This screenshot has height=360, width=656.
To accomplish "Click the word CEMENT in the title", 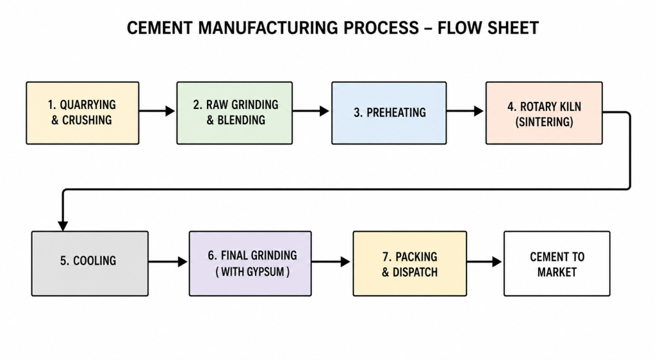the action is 160,28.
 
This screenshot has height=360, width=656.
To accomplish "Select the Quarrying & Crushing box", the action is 83,113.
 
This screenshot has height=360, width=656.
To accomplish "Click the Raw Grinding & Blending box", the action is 234,113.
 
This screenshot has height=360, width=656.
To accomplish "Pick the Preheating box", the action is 389,113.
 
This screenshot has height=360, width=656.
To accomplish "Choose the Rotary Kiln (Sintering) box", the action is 544,113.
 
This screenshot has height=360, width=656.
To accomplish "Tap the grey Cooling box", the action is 90,263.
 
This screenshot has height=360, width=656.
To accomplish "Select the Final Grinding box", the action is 250,263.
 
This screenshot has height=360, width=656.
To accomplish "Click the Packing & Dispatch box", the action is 409,263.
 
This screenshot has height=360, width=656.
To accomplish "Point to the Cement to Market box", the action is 557,263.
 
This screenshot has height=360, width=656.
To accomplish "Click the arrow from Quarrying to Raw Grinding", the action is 158,111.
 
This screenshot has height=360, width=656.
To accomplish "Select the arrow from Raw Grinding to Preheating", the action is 311,111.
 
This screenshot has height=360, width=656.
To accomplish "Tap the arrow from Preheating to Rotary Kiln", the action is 465,111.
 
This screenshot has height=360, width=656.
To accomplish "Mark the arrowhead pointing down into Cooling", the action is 63,225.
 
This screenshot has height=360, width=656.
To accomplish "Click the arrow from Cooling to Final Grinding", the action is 168,262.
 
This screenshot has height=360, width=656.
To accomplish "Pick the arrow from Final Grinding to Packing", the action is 331,262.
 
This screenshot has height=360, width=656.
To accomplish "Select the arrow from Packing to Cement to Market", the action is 484,262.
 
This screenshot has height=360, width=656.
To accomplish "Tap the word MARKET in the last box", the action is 557,272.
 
